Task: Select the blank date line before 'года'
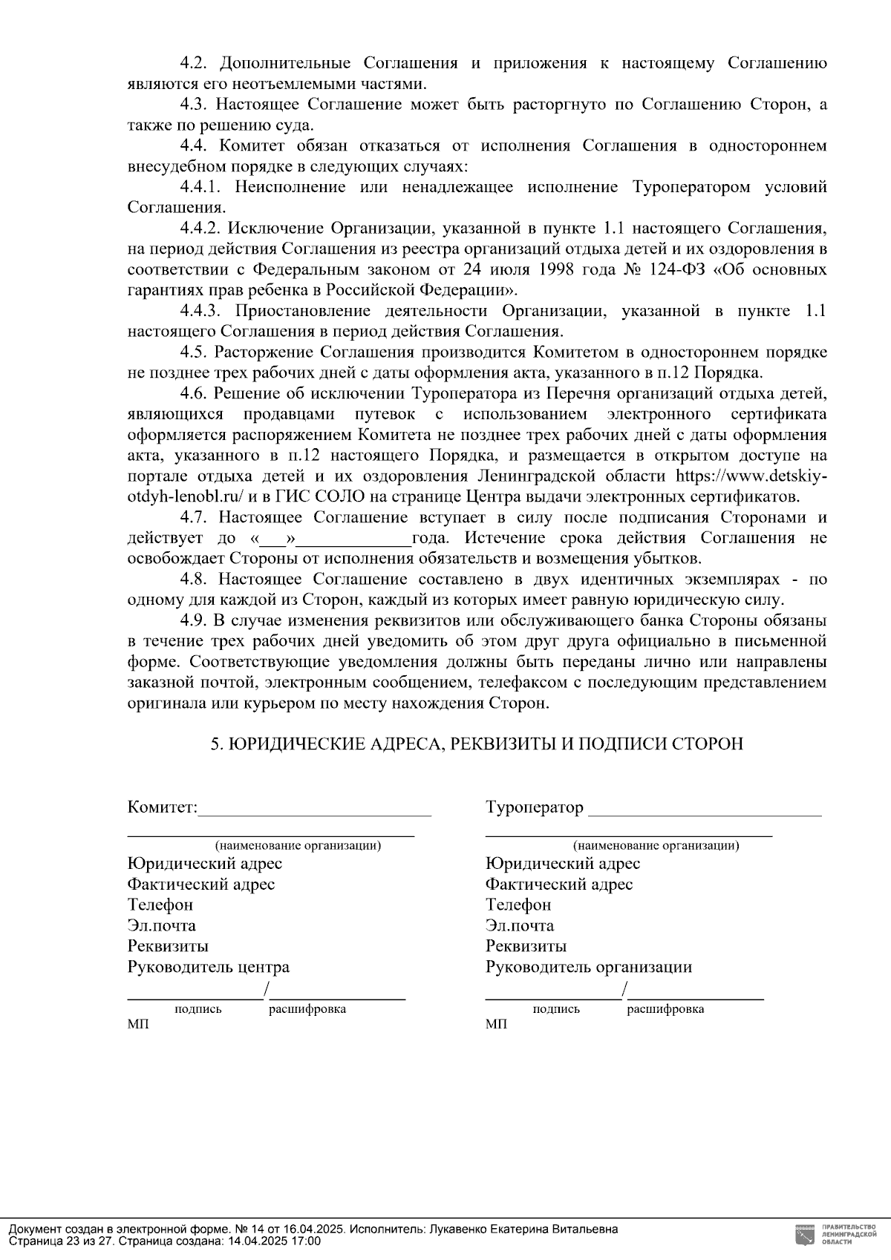(353, 539)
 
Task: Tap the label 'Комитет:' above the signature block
(163, 807)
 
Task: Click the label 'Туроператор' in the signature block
(535, 807)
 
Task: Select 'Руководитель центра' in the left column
(209, 967)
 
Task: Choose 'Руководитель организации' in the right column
(589, 967)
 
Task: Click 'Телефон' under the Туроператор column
(518, 905)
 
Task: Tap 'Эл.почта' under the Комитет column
(162, 925)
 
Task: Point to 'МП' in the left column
(137, 1025)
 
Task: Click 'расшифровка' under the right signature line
(665, 1009)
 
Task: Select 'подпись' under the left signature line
(198, 1009)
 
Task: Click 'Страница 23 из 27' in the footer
(60, 1241)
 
